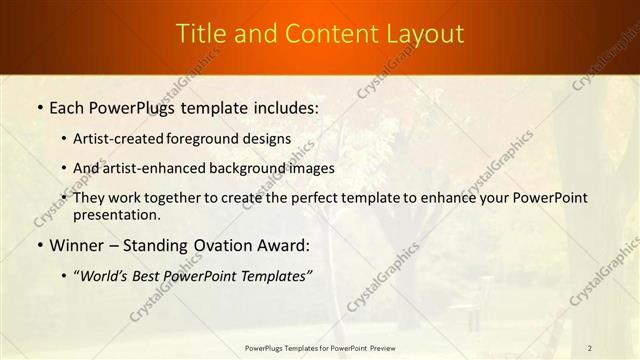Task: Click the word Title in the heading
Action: (201, 33)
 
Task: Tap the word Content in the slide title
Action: (325, 33)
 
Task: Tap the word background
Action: (242, 168)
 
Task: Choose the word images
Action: (307, 168)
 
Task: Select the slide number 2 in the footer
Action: (590, 348)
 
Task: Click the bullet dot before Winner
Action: (39, 245)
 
